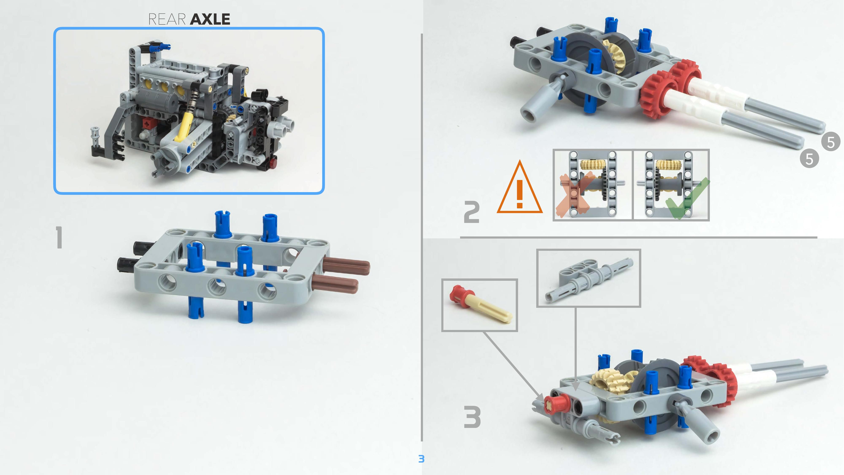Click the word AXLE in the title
pos(210,19)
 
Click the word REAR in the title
pos(167,19)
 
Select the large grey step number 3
pos(472,417)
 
